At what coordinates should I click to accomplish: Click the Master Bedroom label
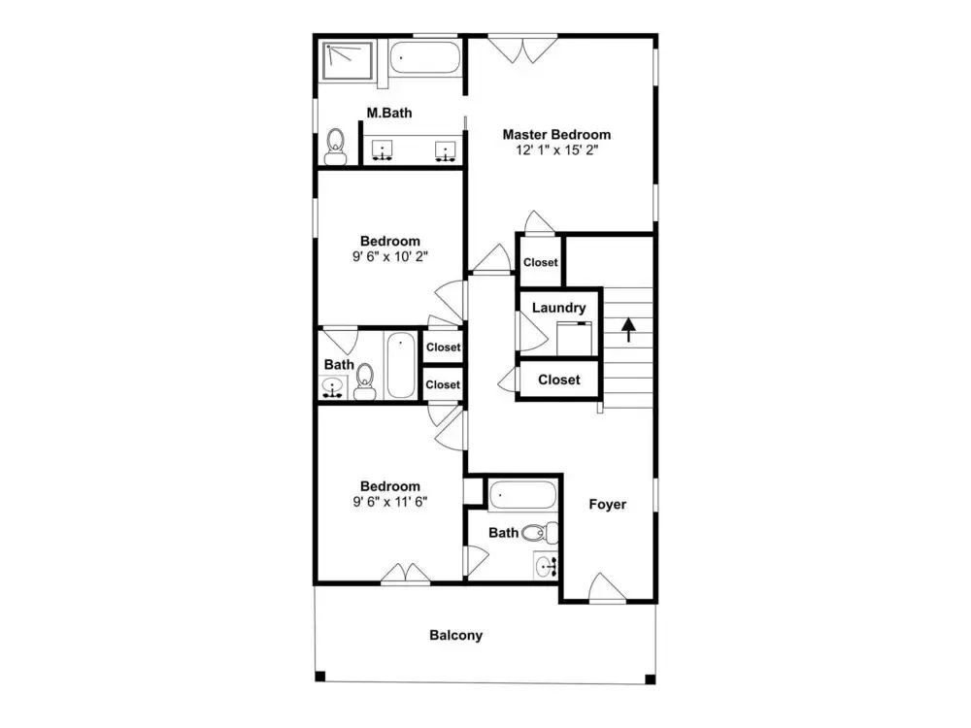[x=556, y=134]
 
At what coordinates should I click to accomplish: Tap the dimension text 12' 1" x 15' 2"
[x=556, y=149]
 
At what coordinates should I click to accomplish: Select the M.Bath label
[x=389, y=113]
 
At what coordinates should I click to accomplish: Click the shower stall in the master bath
[x=348, y=60]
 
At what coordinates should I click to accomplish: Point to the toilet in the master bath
[x=336, y=147]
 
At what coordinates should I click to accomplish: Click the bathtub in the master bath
[x=425, y=57]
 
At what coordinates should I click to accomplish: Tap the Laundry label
[x=558, y=308]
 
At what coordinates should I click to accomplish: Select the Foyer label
[x=608, y=504]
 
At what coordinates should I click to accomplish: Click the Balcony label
[x=455, y=635]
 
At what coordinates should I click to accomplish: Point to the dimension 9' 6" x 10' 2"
[x=390, y=256]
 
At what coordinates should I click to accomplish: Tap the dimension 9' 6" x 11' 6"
[x=390, y=502]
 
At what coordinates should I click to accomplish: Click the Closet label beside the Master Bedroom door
[x=541, y=262]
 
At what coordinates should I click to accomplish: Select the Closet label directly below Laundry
[x=558, y=380]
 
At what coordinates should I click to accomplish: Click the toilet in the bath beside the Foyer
[x=540, y=532]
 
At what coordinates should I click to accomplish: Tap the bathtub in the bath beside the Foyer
[x=522, y=495]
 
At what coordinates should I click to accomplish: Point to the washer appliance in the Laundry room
[x=574, y=339]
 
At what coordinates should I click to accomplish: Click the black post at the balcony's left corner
[x=320, y=676]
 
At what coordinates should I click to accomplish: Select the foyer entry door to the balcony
[x=607, y=587]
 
